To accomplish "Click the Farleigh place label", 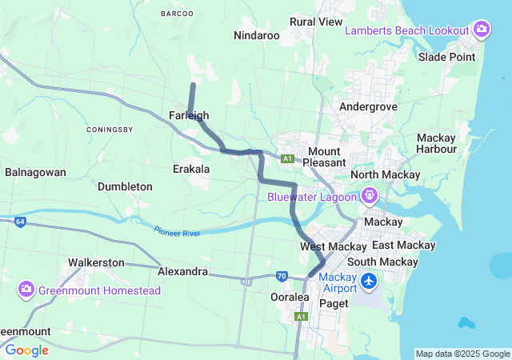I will coord(189,116).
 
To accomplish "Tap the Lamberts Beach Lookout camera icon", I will coord(482,30).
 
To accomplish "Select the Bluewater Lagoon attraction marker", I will coord(369,195).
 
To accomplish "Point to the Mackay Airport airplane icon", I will coord(369,282).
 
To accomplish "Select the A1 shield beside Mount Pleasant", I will coord(287,159).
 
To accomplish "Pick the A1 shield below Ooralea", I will coord(301,317).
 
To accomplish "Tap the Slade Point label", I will coord(447,57).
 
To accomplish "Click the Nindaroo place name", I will coord(256,36).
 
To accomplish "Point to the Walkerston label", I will coord(96,262).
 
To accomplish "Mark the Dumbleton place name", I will coord(125,186).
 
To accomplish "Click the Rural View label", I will coord(316,22).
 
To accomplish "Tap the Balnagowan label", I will coord(35,172).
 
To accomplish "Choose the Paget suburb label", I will coord(334,303).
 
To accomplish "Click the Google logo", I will coord(26,350).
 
